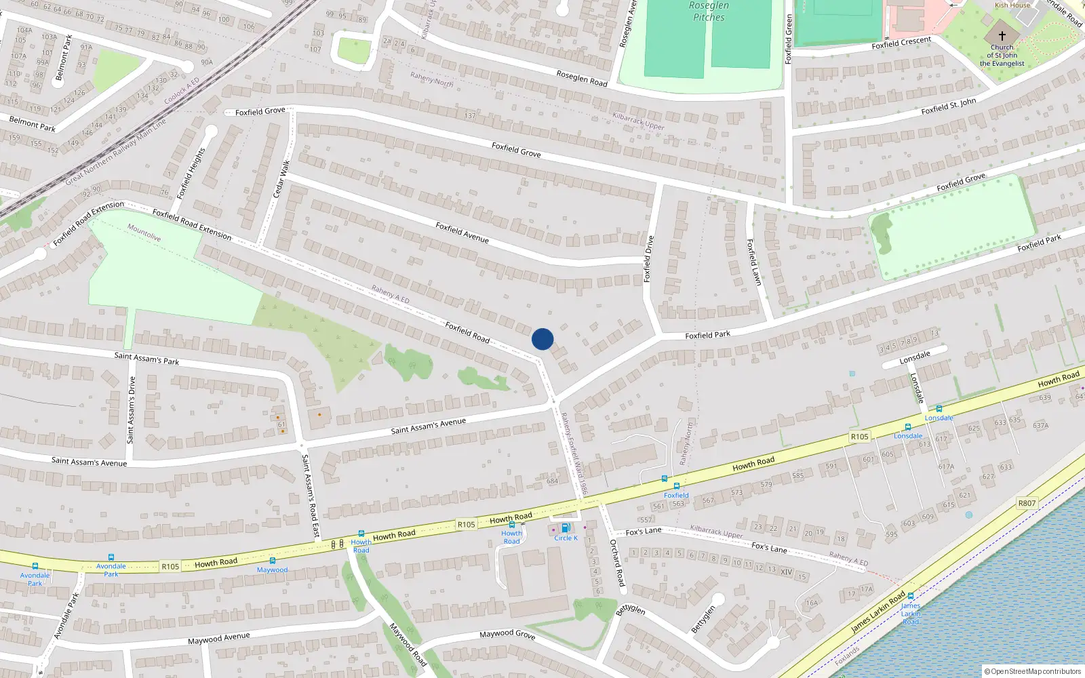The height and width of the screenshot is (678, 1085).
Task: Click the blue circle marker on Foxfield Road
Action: (x=542, y=339)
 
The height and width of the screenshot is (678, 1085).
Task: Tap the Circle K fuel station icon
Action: (x=565, y=528)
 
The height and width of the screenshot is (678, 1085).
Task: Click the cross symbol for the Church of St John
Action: (x=1002, y=35)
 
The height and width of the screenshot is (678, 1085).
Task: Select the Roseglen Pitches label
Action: (x=709, y=12)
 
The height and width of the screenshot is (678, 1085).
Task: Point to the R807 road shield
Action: (x=1027, y=503)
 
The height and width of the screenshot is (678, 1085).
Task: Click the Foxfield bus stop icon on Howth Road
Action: (x=676, y=486)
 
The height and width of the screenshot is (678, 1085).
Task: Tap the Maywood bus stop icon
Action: (x=272, y=561)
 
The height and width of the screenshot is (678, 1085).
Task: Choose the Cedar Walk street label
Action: (x=281, y=179)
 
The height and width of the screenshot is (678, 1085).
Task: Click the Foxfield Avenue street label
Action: (x=462, y=233)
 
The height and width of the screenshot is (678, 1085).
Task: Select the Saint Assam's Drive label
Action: (x=132, y=410)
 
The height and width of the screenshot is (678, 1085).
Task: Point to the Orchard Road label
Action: (x=616, y=563)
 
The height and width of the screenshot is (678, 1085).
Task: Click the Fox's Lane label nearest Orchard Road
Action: (x=644, y=532)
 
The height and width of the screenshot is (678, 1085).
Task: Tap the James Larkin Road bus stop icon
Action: (x=910, y=597)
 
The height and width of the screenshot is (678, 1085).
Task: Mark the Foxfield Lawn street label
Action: (x=753, y=262)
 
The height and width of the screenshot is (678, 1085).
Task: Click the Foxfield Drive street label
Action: (x=648, y=258)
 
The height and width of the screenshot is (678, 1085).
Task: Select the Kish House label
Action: (x=1012, y=5)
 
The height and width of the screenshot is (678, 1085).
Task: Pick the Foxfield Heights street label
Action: (x=191, y=174)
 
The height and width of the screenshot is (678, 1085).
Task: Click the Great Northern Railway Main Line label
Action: (x=115, y=152)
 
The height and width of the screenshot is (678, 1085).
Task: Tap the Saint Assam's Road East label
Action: (x=310, y=496)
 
